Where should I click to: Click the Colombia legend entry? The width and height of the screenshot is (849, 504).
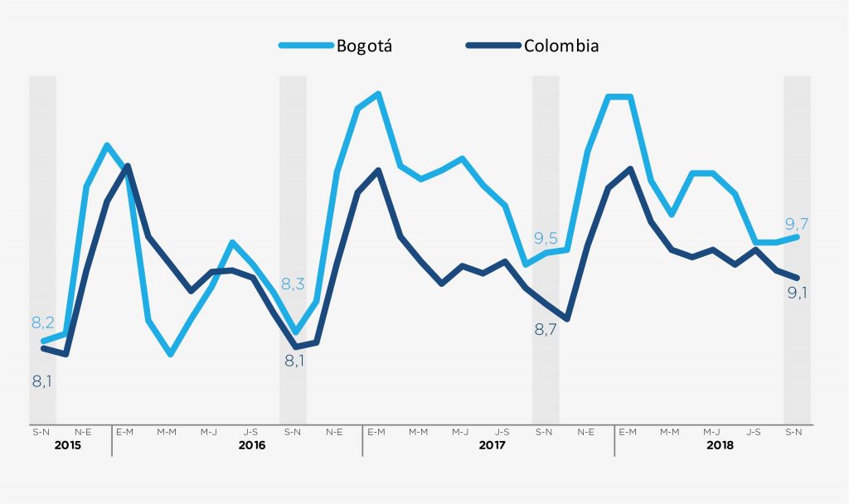coord(560,46)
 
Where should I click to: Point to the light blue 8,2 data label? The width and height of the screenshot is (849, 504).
coord(43,322)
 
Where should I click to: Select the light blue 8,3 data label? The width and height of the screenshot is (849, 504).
coord(294,283)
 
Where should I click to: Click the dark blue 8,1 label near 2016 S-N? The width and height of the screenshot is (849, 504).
coord(294,361)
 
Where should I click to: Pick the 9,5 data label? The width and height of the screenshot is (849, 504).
coord(546,239)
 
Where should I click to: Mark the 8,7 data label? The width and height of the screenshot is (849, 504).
coord(545,329)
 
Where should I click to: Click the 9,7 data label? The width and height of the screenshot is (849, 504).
coord(796,224)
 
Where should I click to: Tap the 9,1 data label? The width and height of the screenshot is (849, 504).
coord(798,292)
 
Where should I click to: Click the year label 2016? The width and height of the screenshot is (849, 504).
coord(251,445)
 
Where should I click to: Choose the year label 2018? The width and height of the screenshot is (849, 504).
coord(720,445)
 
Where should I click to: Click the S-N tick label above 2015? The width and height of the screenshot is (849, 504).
coord(41,431)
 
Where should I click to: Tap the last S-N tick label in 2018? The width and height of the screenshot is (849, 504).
coord(793,431)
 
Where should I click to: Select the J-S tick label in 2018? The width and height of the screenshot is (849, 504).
coord(754,431)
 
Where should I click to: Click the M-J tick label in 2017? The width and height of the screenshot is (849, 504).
coord(460,431)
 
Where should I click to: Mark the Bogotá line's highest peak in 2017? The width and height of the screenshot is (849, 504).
coord(378,94)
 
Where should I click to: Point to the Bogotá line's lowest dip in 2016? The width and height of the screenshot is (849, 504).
coord(170,354)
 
